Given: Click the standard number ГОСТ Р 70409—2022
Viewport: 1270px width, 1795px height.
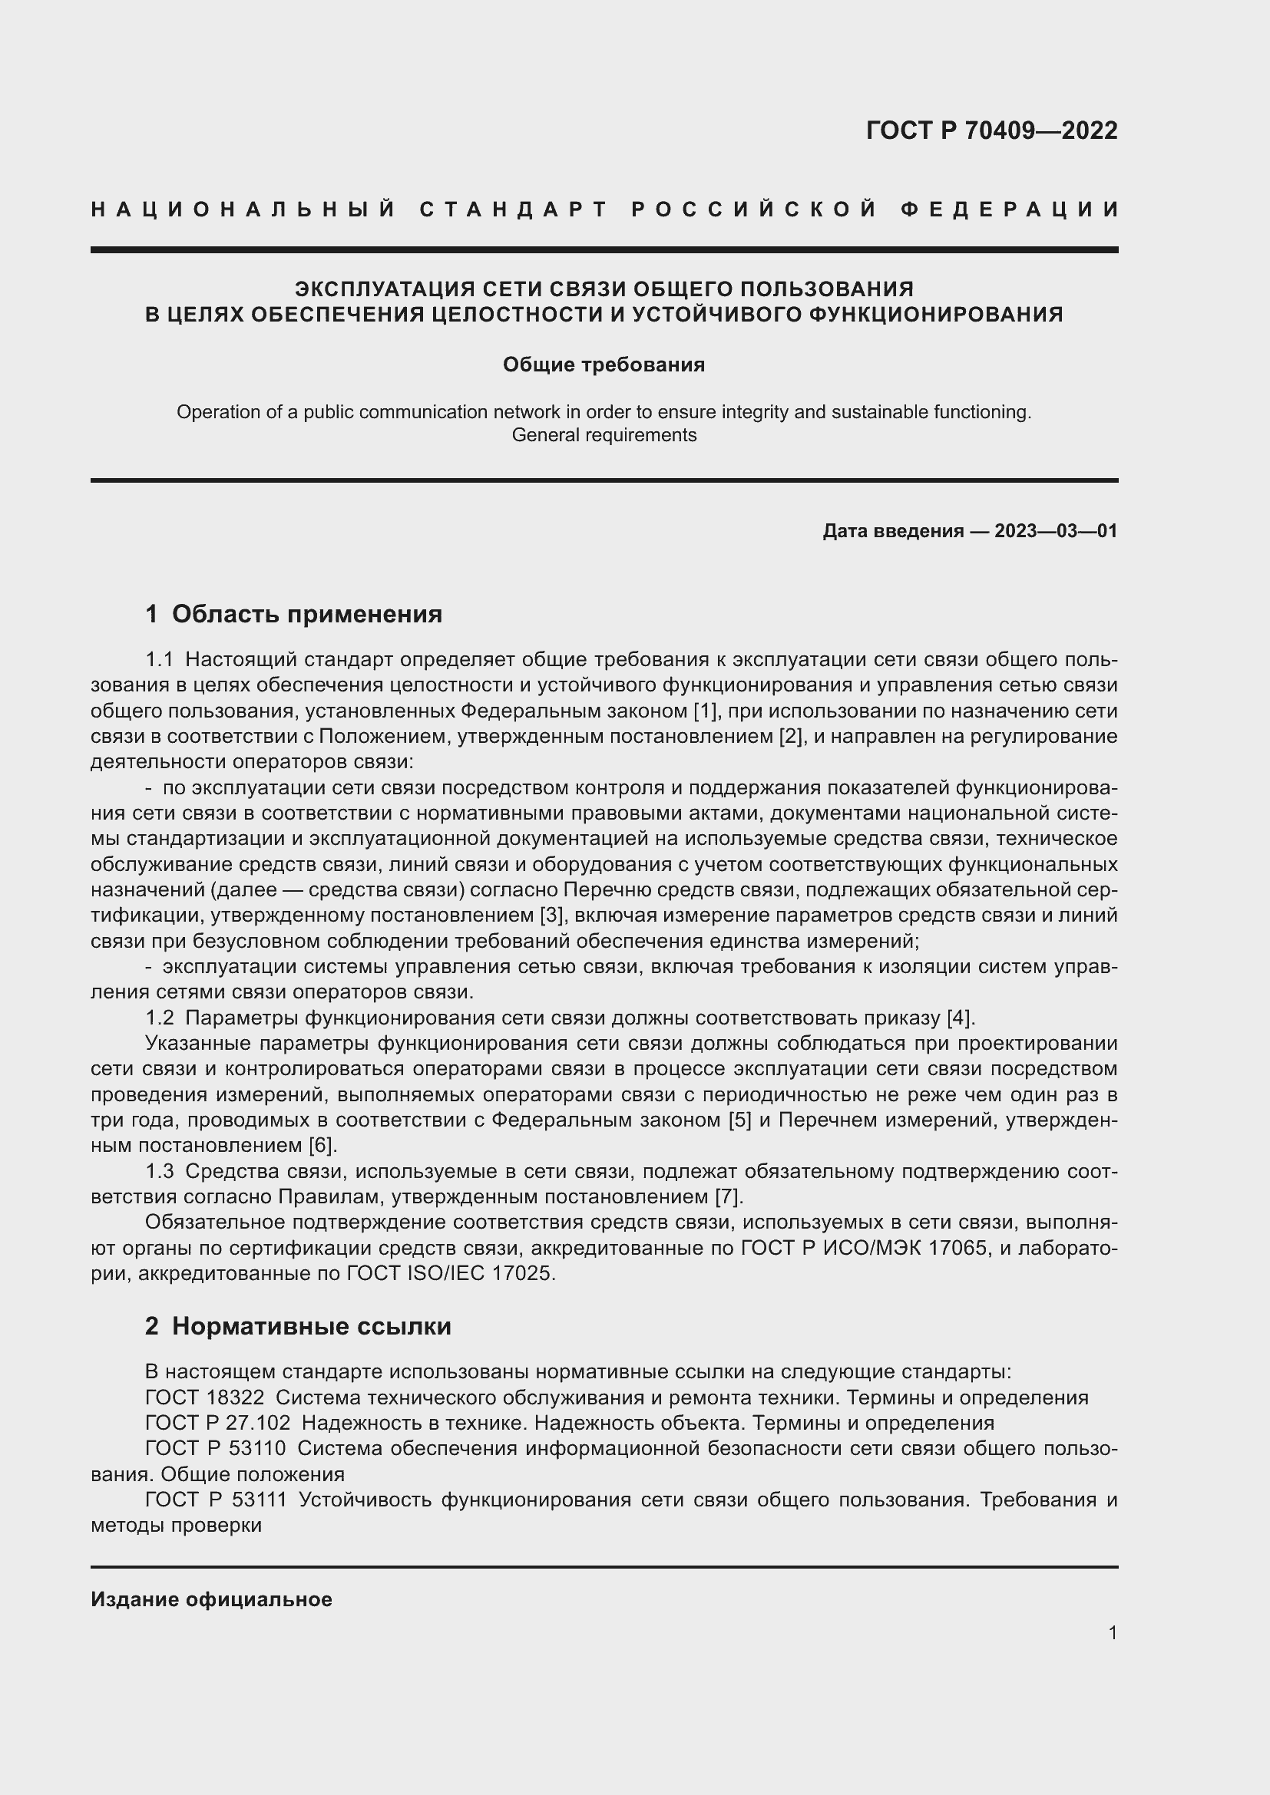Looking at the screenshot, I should (991, 130).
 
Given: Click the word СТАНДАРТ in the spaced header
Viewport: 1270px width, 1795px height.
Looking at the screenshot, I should (514, 210).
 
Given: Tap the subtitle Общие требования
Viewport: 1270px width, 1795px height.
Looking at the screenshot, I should (604, 365).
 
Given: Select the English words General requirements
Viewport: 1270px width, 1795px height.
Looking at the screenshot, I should (604, 434).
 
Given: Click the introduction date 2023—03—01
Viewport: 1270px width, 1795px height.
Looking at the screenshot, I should (1056, 531).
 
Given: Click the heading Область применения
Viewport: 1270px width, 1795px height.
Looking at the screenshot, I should (306, 614).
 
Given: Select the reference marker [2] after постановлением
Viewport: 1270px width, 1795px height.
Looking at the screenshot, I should (792, 737).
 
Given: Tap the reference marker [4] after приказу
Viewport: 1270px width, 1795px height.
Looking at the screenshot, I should (960, 1017).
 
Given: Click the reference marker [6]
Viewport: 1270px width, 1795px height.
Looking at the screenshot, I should (322, 1145).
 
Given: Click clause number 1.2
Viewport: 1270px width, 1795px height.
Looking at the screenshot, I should (160, 1017).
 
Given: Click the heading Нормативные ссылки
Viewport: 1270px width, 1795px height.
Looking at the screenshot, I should (311, 1326).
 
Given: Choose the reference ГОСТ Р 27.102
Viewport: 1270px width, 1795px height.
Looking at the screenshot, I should (217, 1422).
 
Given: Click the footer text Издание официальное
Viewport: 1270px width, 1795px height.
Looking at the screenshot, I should (211, 1599).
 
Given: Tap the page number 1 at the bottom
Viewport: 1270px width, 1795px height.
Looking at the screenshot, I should (1112, 1632).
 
